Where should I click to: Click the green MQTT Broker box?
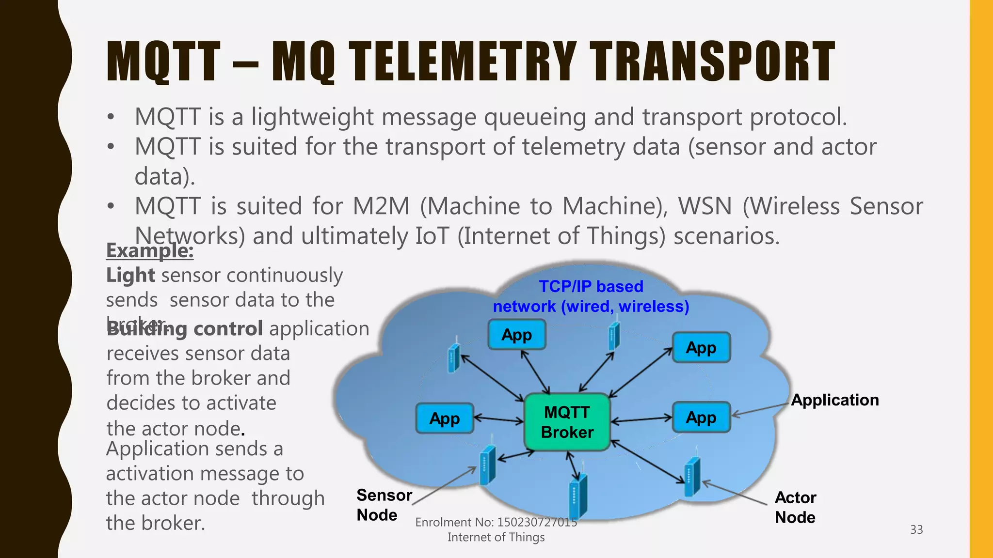coord(567,422)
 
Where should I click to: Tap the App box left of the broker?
coord(445,418)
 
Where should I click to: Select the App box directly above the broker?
coord(516,335)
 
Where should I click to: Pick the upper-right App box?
coord(701,347)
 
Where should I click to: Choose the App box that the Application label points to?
coord(701,417)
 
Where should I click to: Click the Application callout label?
coord(834,400)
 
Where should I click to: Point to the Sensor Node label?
coord(384,505)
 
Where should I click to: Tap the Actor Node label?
coord(795,507)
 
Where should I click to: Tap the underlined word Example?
coord(150,250)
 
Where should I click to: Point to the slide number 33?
coord(916,529)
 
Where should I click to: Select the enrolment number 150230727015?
coord(537,522)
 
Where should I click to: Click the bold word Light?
coord(130,275)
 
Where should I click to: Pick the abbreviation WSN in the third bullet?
coord(705,206)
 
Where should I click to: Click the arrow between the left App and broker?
coord(499,419)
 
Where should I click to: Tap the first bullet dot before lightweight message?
coord(111,117)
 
